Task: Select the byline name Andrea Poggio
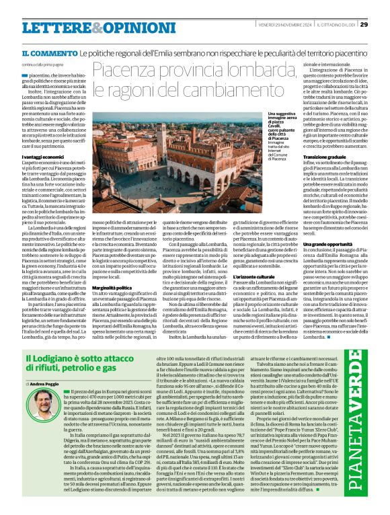click(46, 383)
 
